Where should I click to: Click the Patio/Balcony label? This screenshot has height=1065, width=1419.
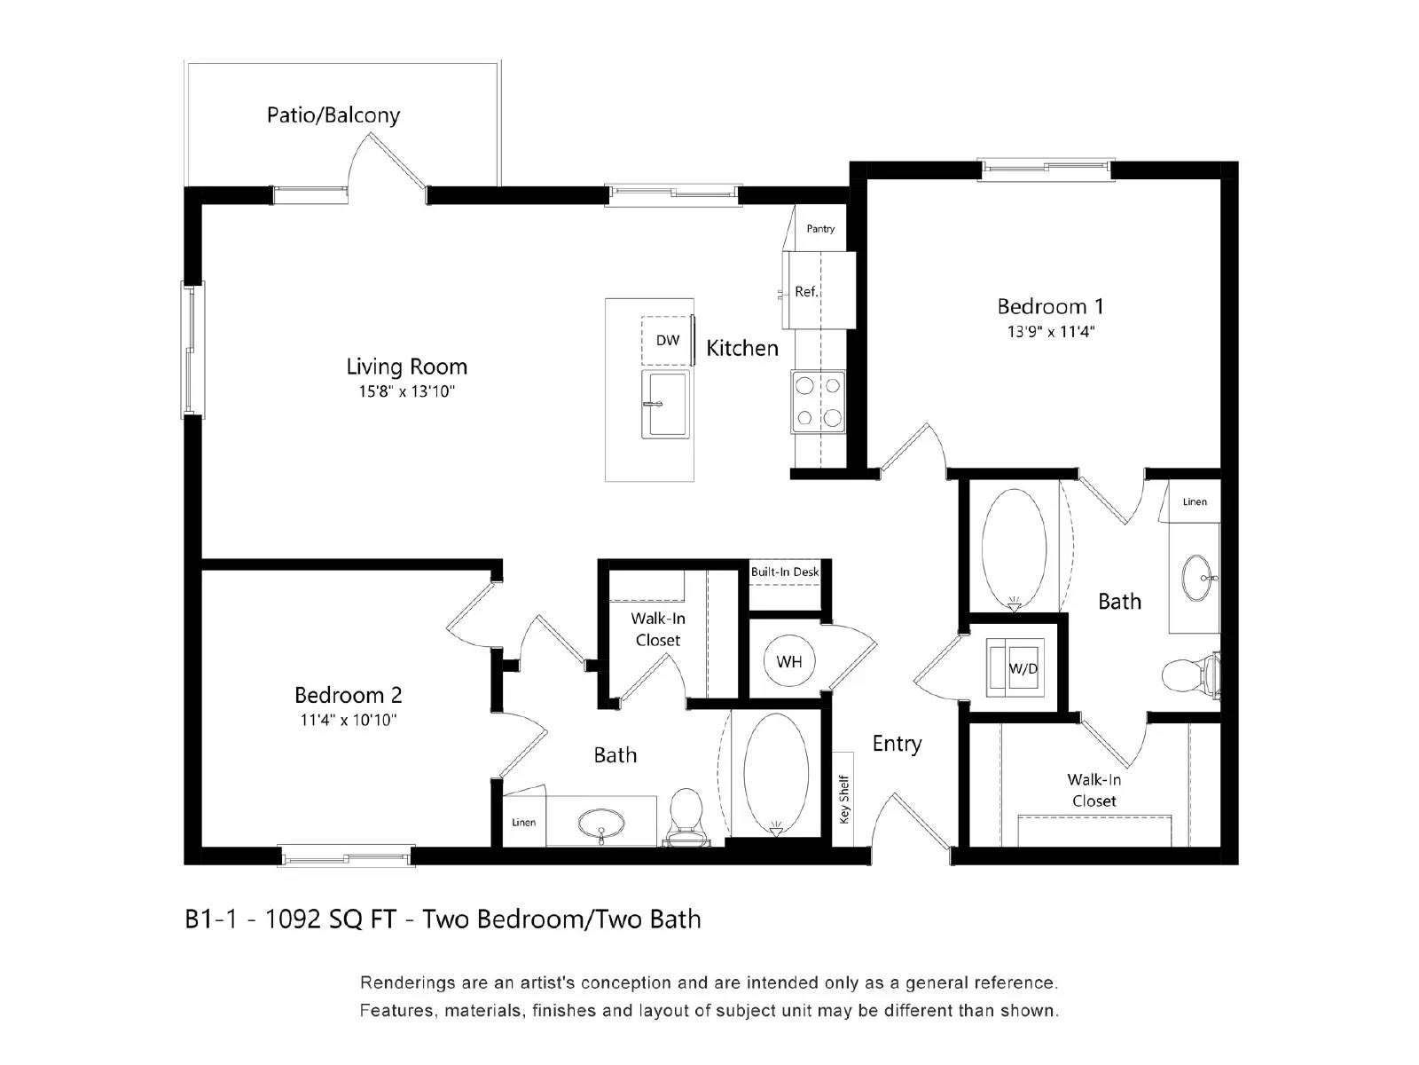pyautogui.click(x=333, y=115)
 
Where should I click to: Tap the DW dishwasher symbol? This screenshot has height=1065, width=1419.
pyautogui.click(x=667, y=341)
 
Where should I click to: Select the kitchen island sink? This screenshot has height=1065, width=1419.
pyautogui.click(x=665, y=405)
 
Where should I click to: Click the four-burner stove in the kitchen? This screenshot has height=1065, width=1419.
pyautogui.click(x=818, y=401)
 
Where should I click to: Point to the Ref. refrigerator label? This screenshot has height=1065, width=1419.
pyautogui.click(x=805, y=292)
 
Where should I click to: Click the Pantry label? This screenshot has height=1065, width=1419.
pyautogui.click(x=820, y=229)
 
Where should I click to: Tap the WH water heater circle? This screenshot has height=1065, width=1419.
pyautogui.click(x=788, y=662)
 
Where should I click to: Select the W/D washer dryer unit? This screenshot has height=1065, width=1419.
pyautogui.click(x=1022, y=668)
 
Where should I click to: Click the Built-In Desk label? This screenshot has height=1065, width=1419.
pyautogui.click(x=785, y=572)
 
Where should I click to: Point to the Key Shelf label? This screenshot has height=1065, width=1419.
pyautogui.click(x=844, y=799)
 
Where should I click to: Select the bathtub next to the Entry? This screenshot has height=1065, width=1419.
pyautogui.click(x=776, y=774)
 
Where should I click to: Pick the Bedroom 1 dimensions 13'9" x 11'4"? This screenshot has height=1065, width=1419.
pyautogui.click(x=1051, y=332)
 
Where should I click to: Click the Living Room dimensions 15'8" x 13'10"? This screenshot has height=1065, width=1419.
pyautogui.click(x=406, y=391)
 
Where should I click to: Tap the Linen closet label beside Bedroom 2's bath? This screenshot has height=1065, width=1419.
pyautogui.click(x=523, y=823)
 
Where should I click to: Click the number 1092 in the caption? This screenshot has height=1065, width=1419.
pyautogui.click(x=293, y=919)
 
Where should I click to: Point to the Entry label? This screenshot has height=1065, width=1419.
pyautogui.click(x=897, y=744)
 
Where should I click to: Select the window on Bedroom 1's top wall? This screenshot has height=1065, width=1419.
pyautogui.click(x=1046, y=169)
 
